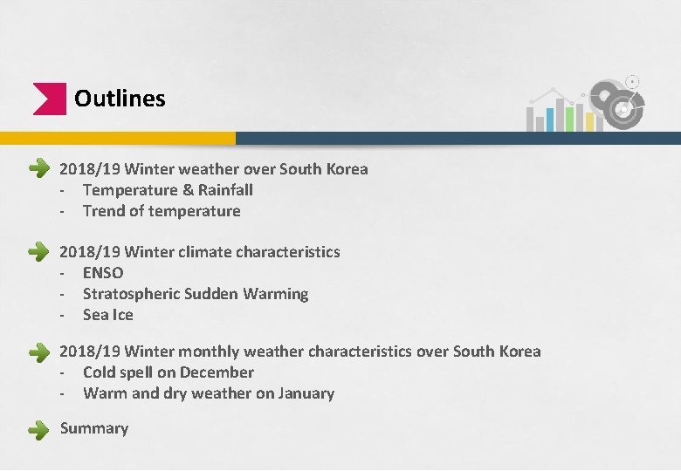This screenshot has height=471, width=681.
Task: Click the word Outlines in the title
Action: [120, 99]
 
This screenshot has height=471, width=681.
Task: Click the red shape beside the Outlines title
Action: [48, 99]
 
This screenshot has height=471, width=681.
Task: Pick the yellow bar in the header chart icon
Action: [589, 121]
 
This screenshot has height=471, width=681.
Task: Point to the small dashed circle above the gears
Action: [632, 82]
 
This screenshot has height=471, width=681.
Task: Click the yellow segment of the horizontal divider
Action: [118, 138]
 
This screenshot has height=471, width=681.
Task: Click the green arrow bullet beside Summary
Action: [38, 429]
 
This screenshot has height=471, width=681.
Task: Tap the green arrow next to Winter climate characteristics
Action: [38, 252]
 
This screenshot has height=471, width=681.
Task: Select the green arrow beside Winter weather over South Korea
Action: [38, 169]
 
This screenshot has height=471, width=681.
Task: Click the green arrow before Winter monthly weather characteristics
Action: [38, 352]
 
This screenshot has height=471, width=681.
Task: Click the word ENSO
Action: [103, 273]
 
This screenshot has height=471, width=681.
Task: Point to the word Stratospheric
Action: [131, 294]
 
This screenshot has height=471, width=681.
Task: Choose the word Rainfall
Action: [225, 190]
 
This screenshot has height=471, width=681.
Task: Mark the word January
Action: [306, 393]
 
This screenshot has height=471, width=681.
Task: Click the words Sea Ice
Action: [108, 315]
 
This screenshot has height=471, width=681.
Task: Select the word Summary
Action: [94, 428]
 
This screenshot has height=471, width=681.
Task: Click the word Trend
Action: [104, 211]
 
